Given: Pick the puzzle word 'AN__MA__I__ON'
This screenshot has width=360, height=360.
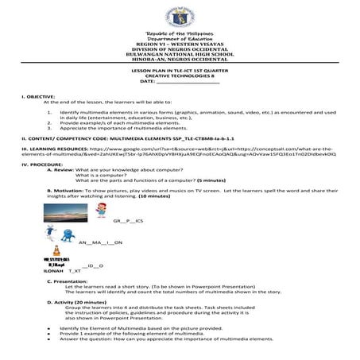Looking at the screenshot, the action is [x=101, y=241].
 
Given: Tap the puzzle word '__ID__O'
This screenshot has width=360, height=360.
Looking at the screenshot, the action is [x=93, y=265].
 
